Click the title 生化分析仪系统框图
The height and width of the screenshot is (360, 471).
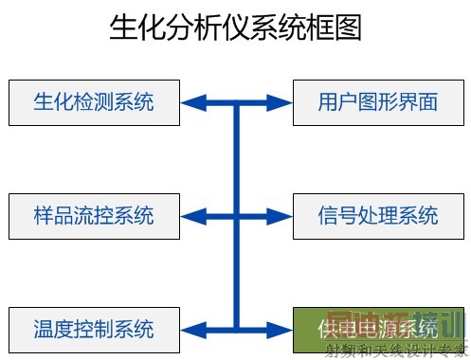tap(236, 28)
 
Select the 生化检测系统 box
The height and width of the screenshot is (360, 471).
tap(94, 102)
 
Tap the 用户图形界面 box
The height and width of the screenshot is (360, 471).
tap(378, 102)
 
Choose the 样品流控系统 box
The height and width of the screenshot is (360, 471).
tap(94, 215)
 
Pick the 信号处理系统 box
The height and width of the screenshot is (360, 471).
tap(378, 215)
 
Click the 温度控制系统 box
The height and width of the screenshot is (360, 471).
tap(94, 329)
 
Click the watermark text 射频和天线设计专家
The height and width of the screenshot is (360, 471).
tap(397, 351)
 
